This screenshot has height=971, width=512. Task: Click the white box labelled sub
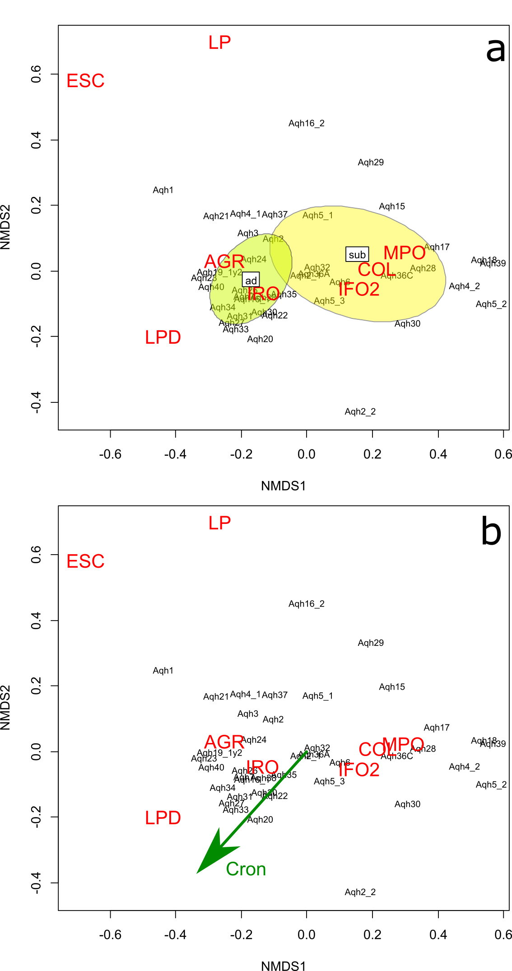pos(357,255)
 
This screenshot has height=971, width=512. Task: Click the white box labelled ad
pos(251,280)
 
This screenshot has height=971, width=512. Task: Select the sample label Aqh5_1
pos(317,215)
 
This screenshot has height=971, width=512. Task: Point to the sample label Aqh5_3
pos(329,301)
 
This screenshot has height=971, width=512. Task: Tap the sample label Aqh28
pos(423,268)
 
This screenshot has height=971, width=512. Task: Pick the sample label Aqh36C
pos(397,275)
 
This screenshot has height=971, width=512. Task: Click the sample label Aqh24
pos(254,259)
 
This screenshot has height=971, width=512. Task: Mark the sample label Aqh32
pos(317,267)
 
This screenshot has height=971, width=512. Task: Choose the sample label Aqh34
pos(223,308)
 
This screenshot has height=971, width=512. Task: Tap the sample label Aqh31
pos(239,316)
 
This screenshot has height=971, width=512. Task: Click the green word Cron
pos(246,869)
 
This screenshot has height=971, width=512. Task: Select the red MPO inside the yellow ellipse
pos(404,253)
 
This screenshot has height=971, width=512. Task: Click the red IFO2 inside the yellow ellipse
pos(359,289)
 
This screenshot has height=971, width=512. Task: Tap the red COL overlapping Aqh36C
pos(377,270)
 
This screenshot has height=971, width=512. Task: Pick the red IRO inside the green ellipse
pos(264,294)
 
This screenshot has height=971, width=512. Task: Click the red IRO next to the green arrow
pos(262,767)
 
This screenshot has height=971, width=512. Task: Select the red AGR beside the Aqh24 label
pos(224,261)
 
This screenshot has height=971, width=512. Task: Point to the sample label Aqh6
pos(340,282)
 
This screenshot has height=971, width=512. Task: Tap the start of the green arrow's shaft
pos(307,751)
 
